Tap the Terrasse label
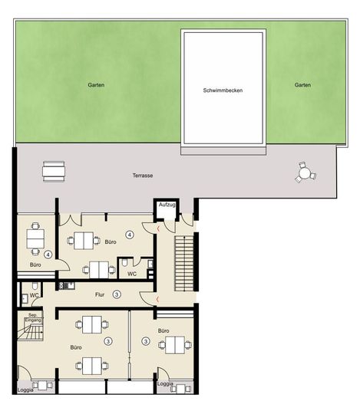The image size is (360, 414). (x=143, y=176)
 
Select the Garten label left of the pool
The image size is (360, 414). (x=95, y=85)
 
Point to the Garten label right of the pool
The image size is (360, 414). (x=302, y=85)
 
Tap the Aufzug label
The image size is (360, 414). (x=167, y=205)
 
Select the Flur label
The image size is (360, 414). (x=99, y=293)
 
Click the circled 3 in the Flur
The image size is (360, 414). (x=117, y=294)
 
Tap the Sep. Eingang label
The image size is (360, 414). (x=32, y=317)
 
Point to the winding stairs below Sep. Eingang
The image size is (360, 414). (x=31, y=333)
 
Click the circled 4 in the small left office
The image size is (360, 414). (x=48, y=254)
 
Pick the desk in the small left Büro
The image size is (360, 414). (x=35, y=238)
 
